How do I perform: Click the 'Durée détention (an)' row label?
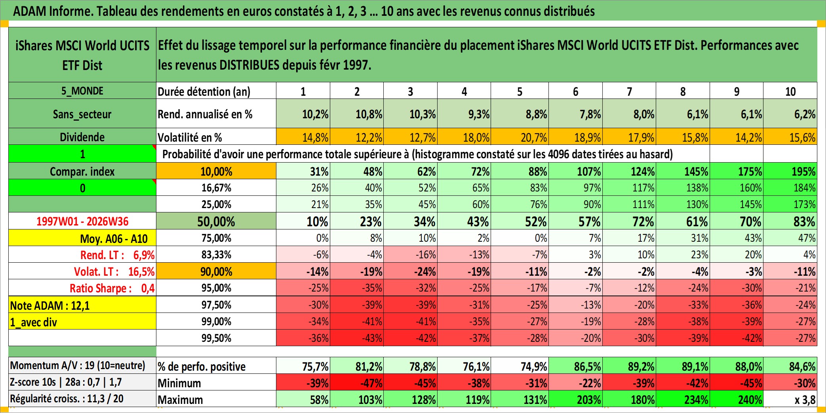click(x=204, y=91)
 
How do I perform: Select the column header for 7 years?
click(x=629, y=91)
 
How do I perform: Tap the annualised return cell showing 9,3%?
click(x=464, y=114)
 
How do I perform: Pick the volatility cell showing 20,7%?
click(x=520, y=137)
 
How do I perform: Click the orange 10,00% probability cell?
click(x=216, y=171)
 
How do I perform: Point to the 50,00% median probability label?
click(x=216, y=221)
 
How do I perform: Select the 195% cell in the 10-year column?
click(x=790, y=171)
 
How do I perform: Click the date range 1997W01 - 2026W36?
click(x=82, y=221)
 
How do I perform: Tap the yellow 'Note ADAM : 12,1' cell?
click(x=82, y=305)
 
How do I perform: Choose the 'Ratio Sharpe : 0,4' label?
click(x=112, y=288)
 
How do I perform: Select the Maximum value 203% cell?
click(x=576, y=399)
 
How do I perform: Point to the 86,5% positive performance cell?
click(x=576, y=366)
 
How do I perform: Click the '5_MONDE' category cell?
click(x=82, y=91)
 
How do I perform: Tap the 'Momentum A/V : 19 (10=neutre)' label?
click(x=78, y=365)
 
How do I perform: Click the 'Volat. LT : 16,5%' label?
click(x=114, y=271)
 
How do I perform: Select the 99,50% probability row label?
click(x=216, y=338)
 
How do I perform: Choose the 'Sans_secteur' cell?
click(x=82, y=114)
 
